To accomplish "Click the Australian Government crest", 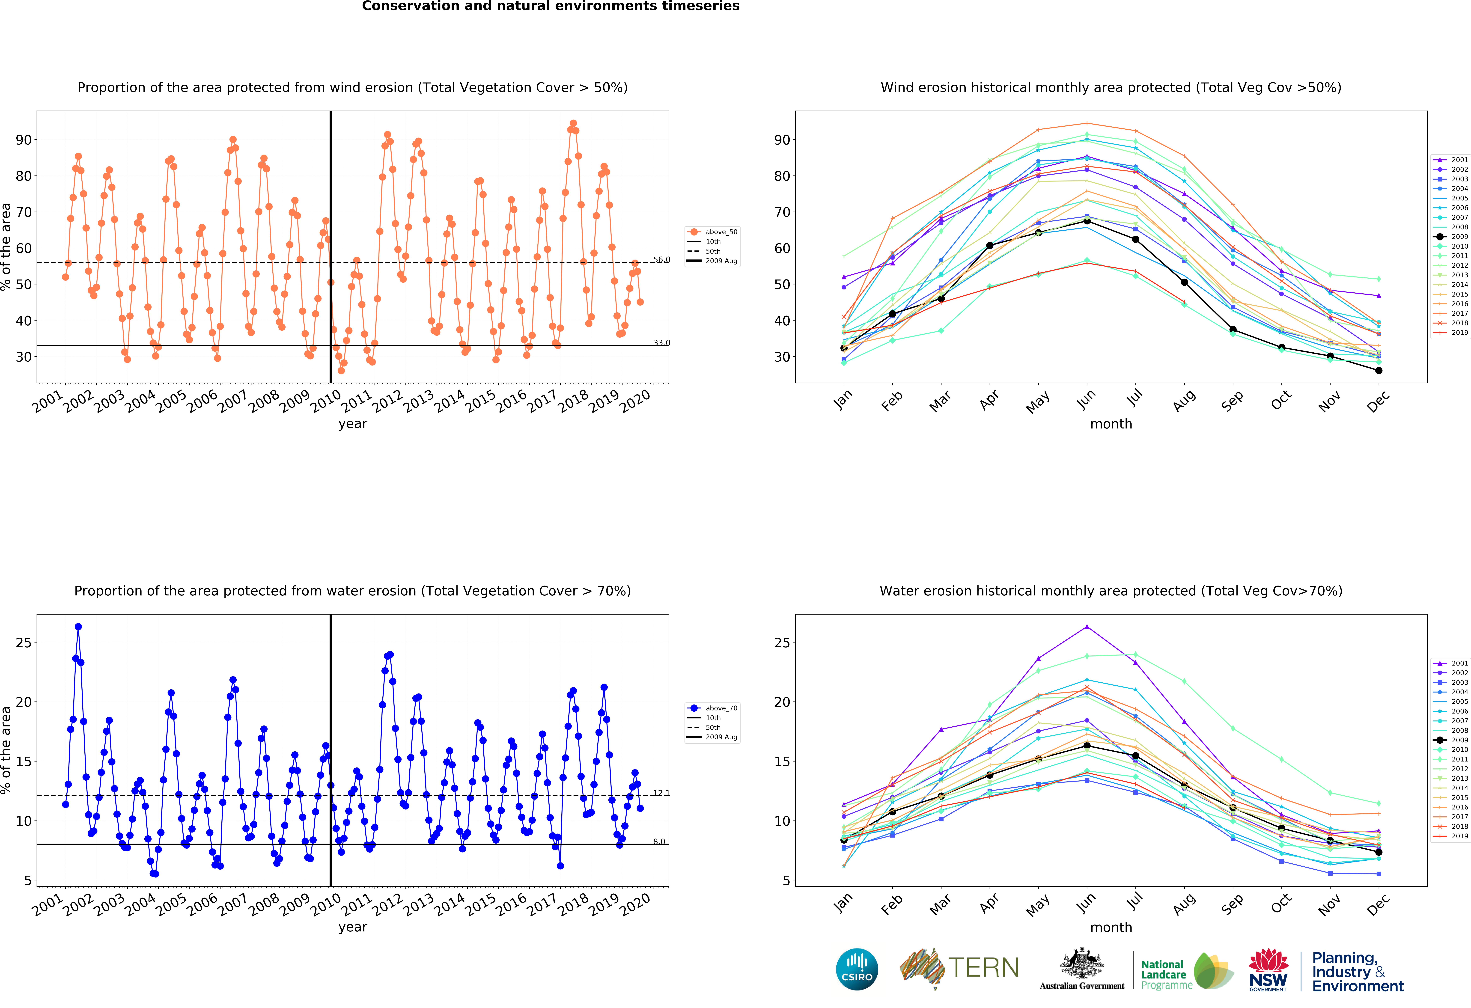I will (1082, 968).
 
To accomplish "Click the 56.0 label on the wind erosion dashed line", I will (661, 259).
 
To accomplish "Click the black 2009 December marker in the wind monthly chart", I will (1379, 371).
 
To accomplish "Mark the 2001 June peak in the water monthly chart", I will (1087, 627).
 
